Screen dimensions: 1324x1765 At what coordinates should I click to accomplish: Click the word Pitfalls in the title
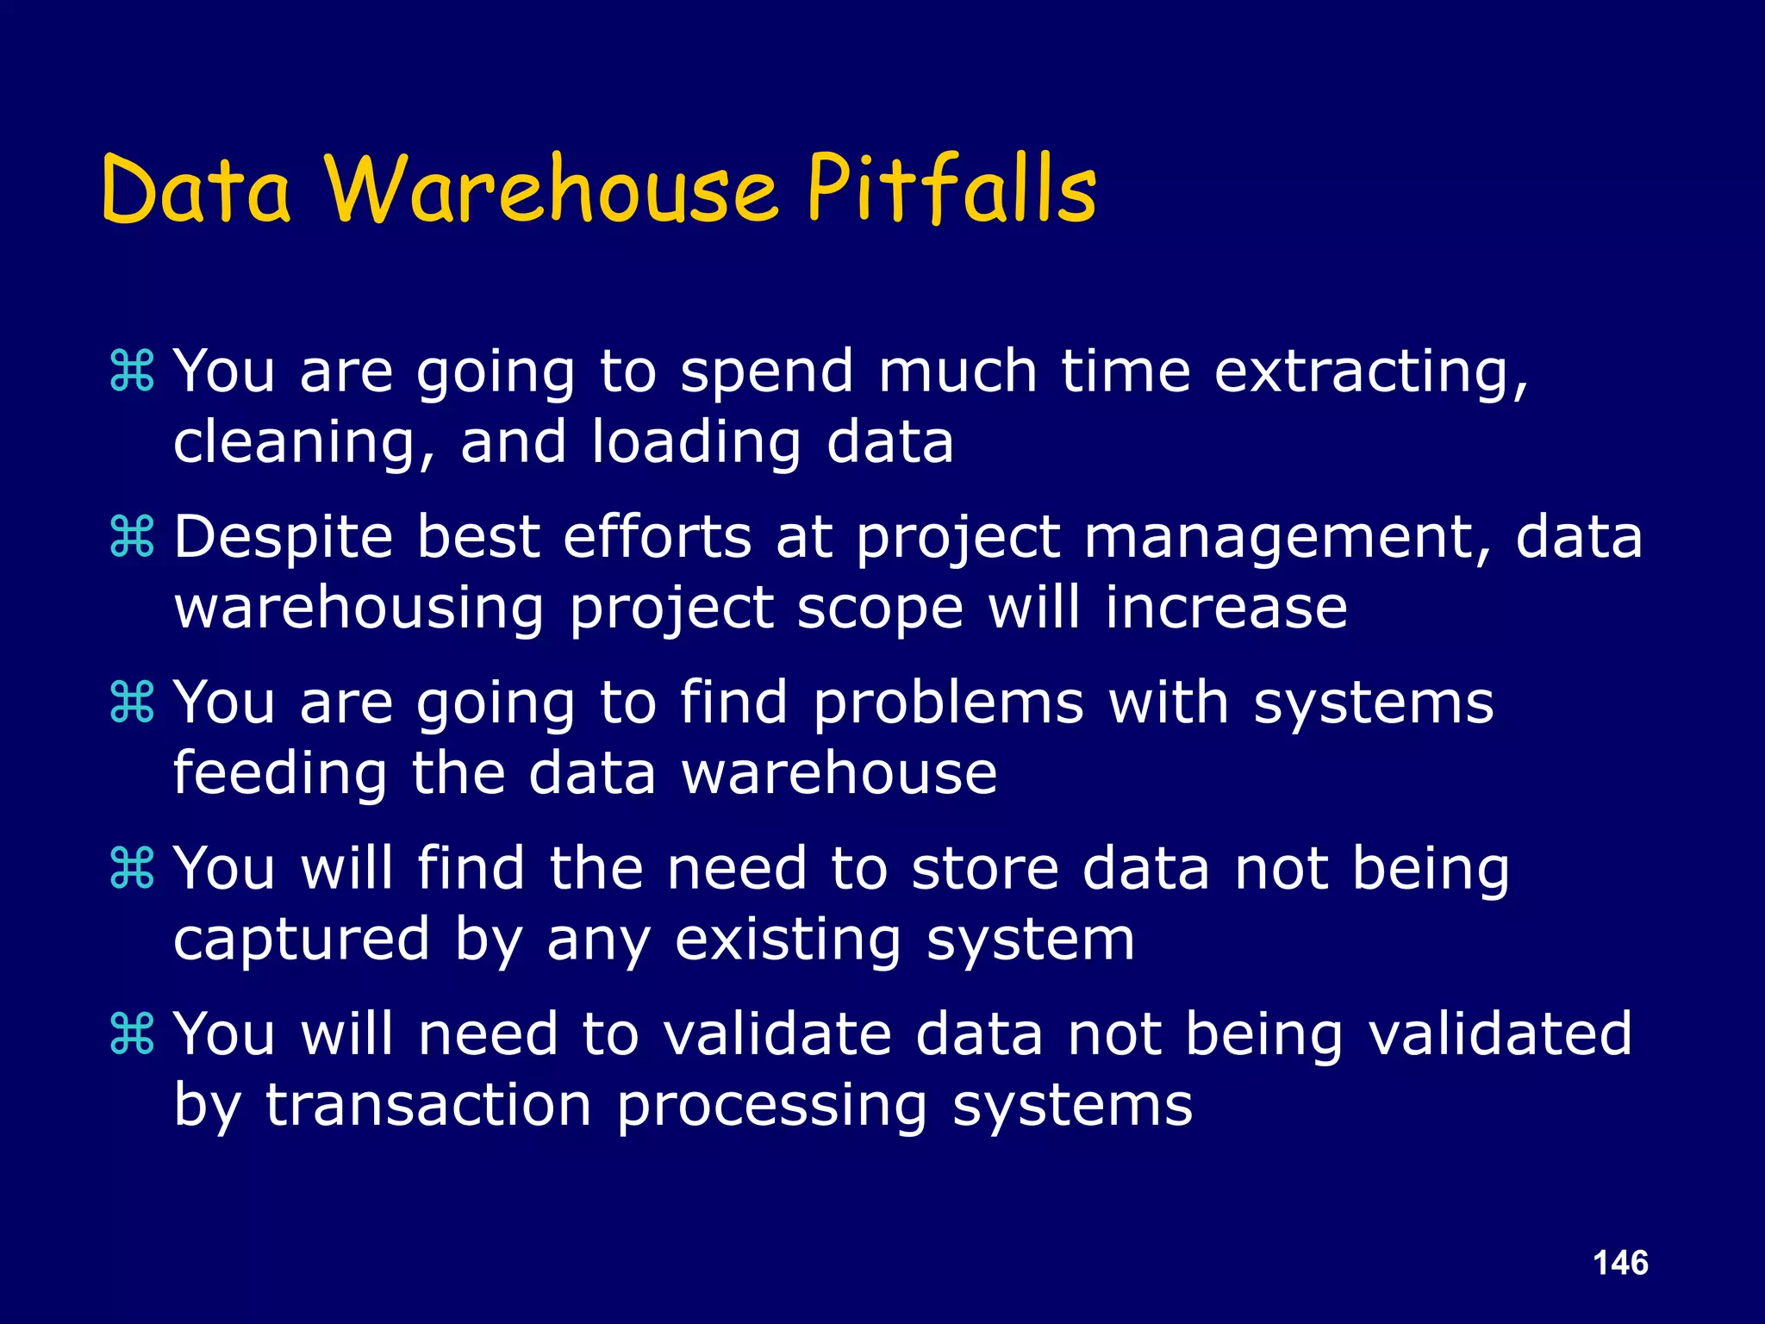click(951, 190)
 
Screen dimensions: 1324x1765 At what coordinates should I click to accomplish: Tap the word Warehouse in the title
click(552, 190)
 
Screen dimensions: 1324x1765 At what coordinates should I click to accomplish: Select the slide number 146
click(1620, 1263)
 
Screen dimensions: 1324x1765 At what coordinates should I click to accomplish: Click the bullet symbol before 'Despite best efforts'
click(132, 536)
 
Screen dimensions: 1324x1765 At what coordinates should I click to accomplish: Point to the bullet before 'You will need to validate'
click(132, 1034)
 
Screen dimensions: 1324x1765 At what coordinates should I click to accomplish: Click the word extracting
click(1370, 372)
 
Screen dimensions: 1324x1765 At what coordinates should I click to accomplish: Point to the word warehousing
click(359, 609)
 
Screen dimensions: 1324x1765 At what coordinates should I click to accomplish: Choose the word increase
click(1226, 607)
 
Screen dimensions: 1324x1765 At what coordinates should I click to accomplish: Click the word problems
click(948, 703)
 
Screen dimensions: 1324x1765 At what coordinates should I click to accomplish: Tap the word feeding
click(280, 774)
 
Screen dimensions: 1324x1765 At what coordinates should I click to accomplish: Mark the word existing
click(788, 940)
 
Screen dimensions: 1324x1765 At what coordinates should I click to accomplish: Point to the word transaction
click(428, 1105)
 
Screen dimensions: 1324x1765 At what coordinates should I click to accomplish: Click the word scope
click(879, 609)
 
